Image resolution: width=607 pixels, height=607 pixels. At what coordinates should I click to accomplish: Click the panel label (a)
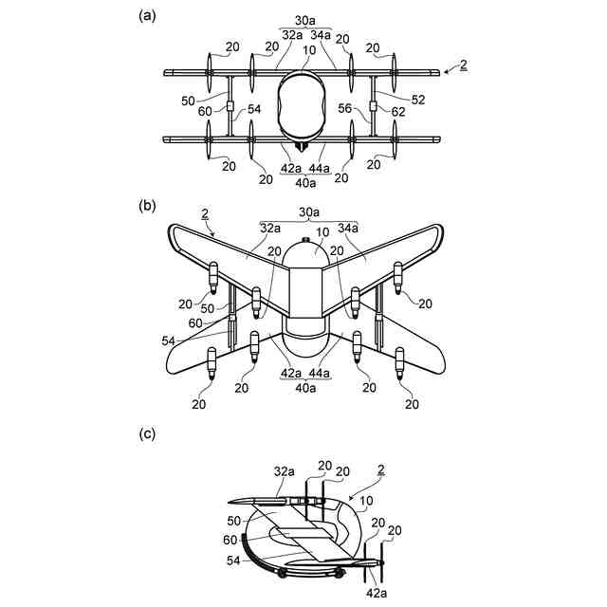[x=146, y=15]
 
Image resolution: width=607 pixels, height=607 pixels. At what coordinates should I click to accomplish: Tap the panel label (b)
[x=146, y=202]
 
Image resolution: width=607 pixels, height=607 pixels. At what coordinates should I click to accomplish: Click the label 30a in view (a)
[x=304, y=19]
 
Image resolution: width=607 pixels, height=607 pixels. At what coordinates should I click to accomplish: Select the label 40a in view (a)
[x=304, y=180]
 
